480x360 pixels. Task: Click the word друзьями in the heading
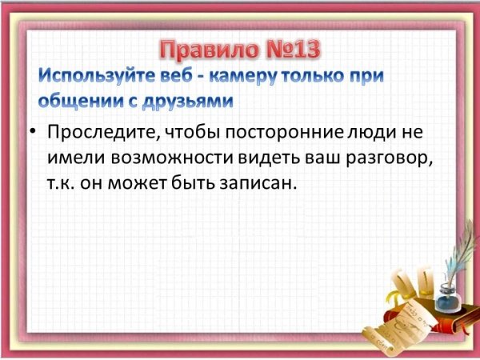click(188, 102)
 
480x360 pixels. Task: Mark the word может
click(136, 183)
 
